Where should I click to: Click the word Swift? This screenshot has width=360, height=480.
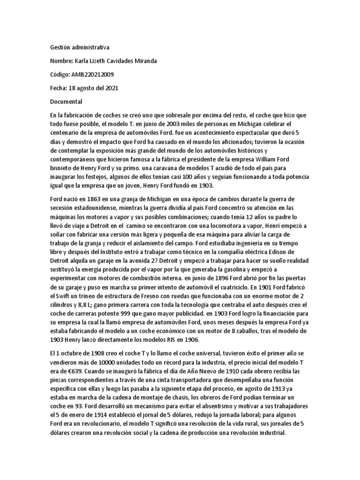click(x=64, y=298)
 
